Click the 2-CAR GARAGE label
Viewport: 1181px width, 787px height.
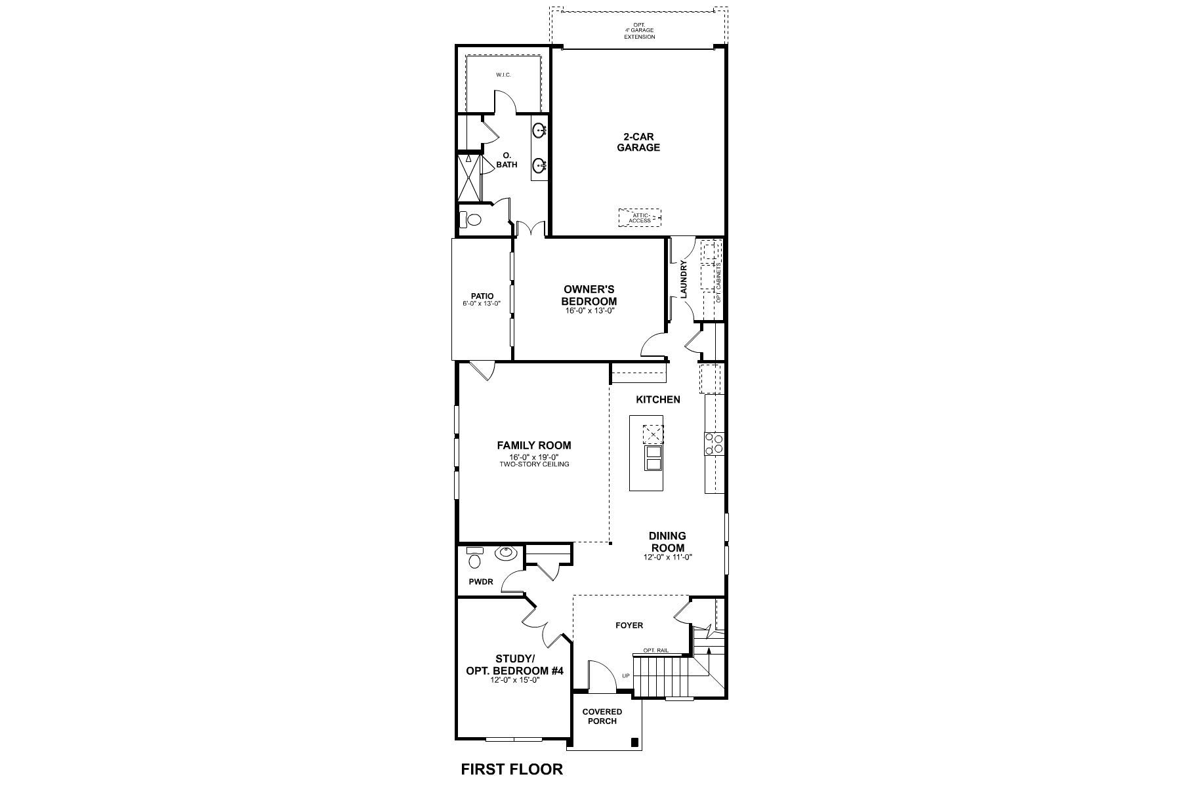pos(638,142)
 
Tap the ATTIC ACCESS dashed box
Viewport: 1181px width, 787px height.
pos(639,218)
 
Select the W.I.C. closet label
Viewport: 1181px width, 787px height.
pos(503,75)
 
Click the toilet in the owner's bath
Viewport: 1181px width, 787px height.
pos(470,220)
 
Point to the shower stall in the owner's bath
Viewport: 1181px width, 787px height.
pos(468,177)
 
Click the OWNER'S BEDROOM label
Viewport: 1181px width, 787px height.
pos(589,295)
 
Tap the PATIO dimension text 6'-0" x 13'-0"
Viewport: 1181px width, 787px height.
pos(481,304)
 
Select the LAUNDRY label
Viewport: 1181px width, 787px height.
pos(684,279)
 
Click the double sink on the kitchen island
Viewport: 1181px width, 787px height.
pos(653,458)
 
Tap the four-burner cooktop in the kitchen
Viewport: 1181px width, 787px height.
pos(713,444)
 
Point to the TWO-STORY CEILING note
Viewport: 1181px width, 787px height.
pos(533,464)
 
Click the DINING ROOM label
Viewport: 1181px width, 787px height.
pos(667,542)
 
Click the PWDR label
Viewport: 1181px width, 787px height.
pos(480,582)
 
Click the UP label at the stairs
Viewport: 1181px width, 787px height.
pos(625,676)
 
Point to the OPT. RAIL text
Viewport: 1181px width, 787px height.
pos(655,651)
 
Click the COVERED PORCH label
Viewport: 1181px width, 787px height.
pos(602,716)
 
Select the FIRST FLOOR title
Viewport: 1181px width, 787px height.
pos(511,769)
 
